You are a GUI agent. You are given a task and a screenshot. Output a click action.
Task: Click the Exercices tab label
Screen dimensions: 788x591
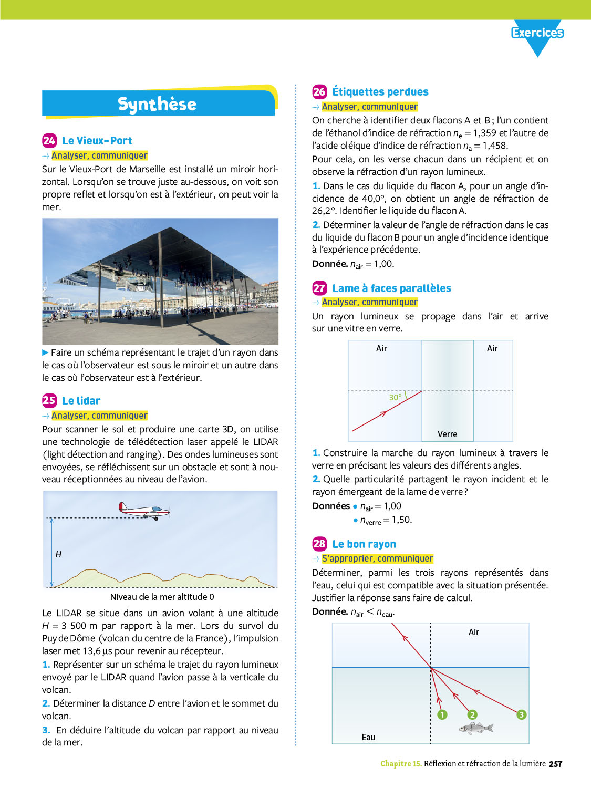(x=537, y=33)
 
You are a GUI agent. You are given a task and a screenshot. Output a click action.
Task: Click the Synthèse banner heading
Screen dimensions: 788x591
(x=157, y=104)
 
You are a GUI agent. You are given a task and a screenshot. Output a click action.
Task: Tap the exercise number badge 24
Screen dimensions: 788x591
(x=49, y=140)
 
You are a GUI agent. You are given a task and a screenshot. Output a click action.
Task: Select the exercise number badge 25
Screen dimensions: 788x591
(x=49, y=400)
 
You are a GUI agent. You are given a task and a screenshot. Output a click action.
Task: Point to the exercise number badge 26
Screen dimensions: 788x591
(x=319, y=91)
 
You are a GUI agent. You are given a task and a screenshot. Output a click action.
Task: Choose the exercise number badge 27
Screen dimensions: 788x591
(x=319, y=288)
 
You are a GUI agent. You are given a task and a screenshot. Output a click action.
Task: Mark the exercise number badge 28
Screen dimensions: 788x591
(x=319, y=544)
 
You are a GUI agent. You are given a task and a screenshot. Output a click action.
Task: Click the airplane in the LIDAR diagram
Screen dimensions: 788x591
(x=144, y=510)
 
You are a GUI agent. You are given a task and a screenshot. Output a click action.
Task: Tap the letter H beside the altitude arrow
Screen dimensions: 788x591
(x=58, y=554)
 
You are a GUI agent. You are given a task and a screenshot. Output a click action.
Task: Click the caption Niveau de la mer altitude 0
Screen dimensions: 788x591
(x=162, y=597)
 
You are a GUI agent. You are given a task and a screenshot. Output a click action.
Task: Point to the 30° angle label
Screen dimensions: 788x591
(x=395, y=397)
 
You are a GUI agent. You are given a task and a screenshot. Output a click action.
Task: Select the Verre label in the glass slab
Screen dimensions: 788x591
(x=447, y=434)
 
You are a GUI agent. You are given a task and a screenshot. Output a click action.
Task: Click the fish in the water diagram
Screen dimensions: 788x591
(x=476, y=728)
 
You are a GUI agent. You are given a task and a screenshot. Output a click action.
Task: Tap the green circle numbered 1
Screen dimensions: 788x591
(x=442, y=714)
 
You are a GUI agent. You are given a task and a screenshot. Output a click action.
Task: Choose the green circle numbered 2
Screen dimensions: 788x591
(x=472, y=714)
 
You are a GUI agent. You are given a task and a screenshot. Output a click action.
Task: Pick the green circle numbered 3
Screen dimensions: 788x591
(x=521, y=714)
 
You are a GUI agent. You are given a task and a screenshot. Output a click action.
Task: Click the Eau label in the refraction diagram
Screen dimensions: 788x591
(x=368, y=737)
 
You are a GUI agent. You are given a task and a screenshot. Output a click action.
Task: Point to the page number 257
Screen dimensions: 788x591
(x=555, y=764)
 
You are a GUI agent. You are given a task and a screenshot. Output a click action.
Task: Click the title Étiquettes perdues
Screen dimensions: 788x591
(x=380, y=92)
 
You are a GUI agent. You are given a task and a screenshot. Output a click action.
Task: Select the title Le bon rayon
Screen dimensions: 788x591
(x=364, y=544)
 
